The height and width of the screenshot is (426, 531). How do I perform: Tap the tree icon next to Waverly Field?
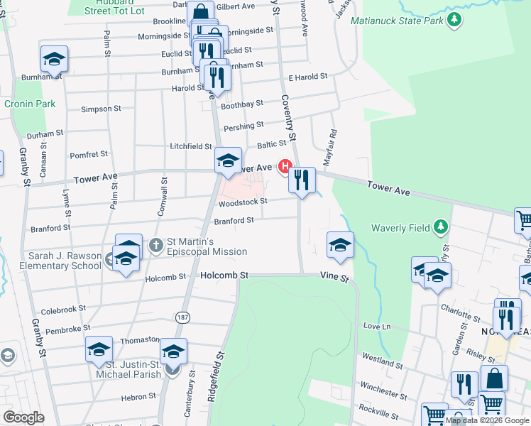click(x=441, y=227)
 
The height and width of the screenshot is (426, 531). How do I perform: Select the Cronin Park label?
click(x=20, y=104)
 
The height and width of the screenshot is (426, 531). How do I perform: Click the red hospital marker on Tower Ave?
click(x=285, y=167)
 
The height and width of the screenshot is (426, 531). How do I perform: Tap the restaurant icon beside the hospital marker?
click(x=302, y=182)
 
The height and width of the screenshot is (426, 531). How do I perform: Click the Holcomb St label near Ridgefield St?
click(x=225, y=275)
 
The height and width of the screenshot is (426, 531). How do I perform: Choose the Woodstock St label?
click(x=242, y=202)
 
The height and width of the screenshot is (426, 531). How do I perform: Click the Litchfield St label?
click(x=190, y=146)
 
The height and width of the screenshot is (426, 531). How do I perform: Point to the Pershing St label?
click(x=243, y=126)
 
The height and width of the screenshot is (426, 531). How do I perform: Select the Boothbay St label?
click(x=242, y=104)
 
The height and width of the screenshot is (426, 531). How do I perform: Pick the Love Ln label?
click(x=377, y=326)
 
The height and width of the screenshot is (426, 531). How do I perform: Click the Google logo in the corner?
click(x=23, y=417)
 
